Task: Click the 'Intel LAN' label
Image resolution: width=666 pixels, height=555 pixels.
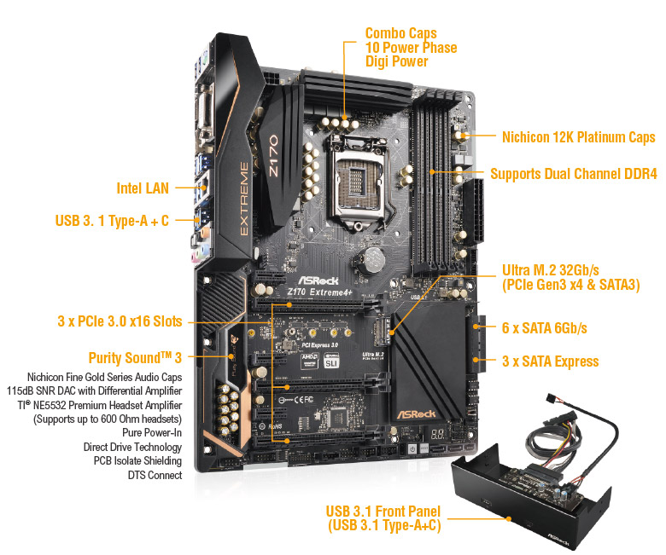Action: pyautogui.click(x=143, y=188)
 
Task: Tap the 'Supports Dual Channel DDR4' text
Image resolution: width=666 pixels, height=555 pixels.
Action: pyautogui.click(x=574, y=174)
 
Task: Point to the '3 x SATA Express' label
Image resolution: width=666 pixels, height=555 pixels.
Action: pyautogui.click(x=551, y=361)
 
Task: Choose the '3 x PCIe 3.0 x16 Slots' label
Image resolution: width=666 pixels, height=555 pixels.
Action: pyautogui.click(x=119, y=322)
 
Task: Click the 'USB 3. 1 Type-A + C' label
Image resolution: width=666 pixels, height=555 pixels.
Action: pyautogui.click(x=112, y=221)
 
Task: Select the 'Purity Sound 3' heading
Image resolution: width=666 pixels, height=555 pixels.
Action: pyautogui.click(x=135, y=357)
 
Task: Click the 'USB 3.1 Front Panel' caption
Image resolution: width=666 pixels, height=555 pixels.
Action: pyautogui.click(x=383, y=512)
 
